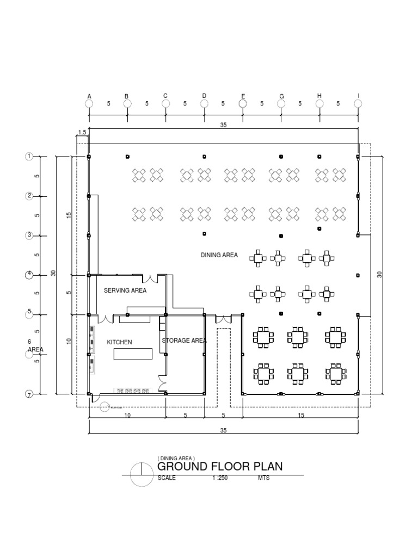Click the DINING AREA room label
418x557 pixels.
tap(219, 255)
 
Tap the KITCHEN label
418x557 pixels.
tap(120, 342)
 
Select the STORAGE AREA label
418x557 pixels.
tap(184, 341)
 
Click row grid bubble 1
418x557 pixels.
tap(29, 157)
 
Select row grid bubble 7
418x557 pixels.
tap(29, 394)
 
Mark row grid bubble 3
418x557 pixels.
tap(29, 236)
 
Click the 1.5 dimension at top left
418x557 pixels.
tap(82, 132)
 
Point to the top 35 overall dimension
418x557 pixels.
tap(223, 125)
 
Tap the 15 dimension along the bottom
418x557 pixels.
tap(300, 415)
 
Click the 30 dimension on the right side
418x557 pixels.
tap(379, 274)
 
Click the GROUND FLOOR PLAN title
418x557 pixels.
tap(220, 467)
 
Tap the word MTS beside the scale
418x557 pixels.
tap(264, 478)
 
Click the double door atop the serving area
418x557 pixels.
tap(150, 279)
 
